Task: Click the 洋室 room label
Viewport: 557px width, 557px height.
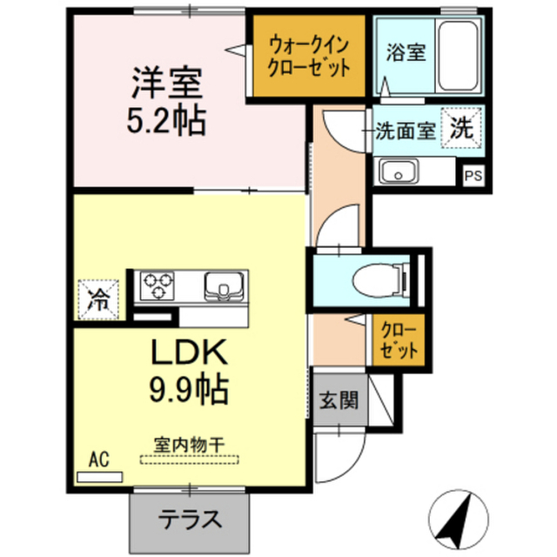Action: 167,83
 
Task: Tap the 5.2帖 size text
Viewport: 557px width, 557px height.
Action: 166,120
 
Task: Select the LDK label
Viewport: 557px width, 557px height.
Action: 190,352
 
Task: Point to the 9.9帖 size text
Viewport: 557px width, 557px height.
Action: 189,389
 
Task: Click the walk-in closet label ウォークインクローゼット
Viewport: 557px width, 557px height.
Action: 309,56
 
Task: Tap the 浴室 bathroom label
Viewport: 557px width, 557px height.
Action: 406,52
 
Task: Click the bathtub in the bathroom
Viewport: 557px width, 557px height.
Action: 458,56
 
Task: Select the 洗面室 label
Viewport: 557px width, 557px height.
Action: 406,131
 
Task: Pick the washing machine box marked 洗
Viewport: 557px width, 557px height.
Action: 461,128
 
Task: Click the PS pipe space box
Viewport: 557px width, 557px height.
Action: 473,176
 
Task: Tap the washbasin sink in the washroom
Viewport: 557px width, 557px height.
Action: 399,171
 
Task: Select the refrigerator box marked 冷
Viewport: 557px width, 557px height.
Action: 98,299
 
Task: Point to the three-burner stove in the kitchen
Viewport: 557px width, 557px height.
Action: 157,285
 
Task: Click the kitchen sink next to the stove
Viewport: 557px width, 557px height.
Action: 225,285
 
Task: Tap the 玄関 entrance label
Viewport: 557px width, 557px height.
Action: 339,400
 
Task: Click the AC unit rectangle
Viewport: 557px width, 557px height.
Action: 100,477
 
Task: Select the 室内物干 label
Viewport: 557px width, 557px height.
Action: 189,445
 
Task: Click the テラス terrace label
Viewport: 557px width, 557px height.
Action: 190,520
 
